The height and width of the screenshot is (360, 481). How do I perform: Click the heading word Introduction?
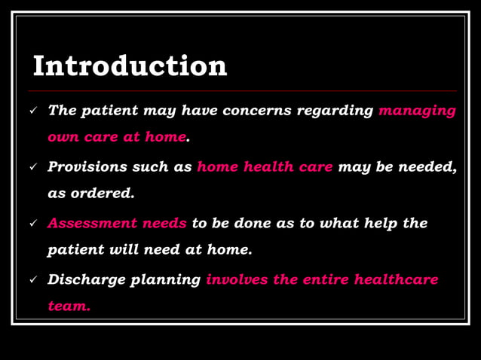[130, 66]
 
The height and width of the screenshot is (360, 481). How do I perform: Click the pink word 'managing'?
[417, 111]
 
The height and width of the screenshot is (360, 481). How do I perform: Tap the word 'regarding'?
[335, 111]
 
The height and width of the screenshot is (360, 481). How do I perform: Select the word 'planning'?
[165, 280]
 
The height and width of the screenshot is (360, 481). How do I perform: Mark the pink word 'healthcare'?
[396, 279]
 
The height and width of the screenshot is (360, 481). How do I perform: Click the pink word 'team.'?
[69, 306]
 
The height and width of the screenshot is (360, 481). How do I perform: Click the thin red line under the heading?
[241, 90]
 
